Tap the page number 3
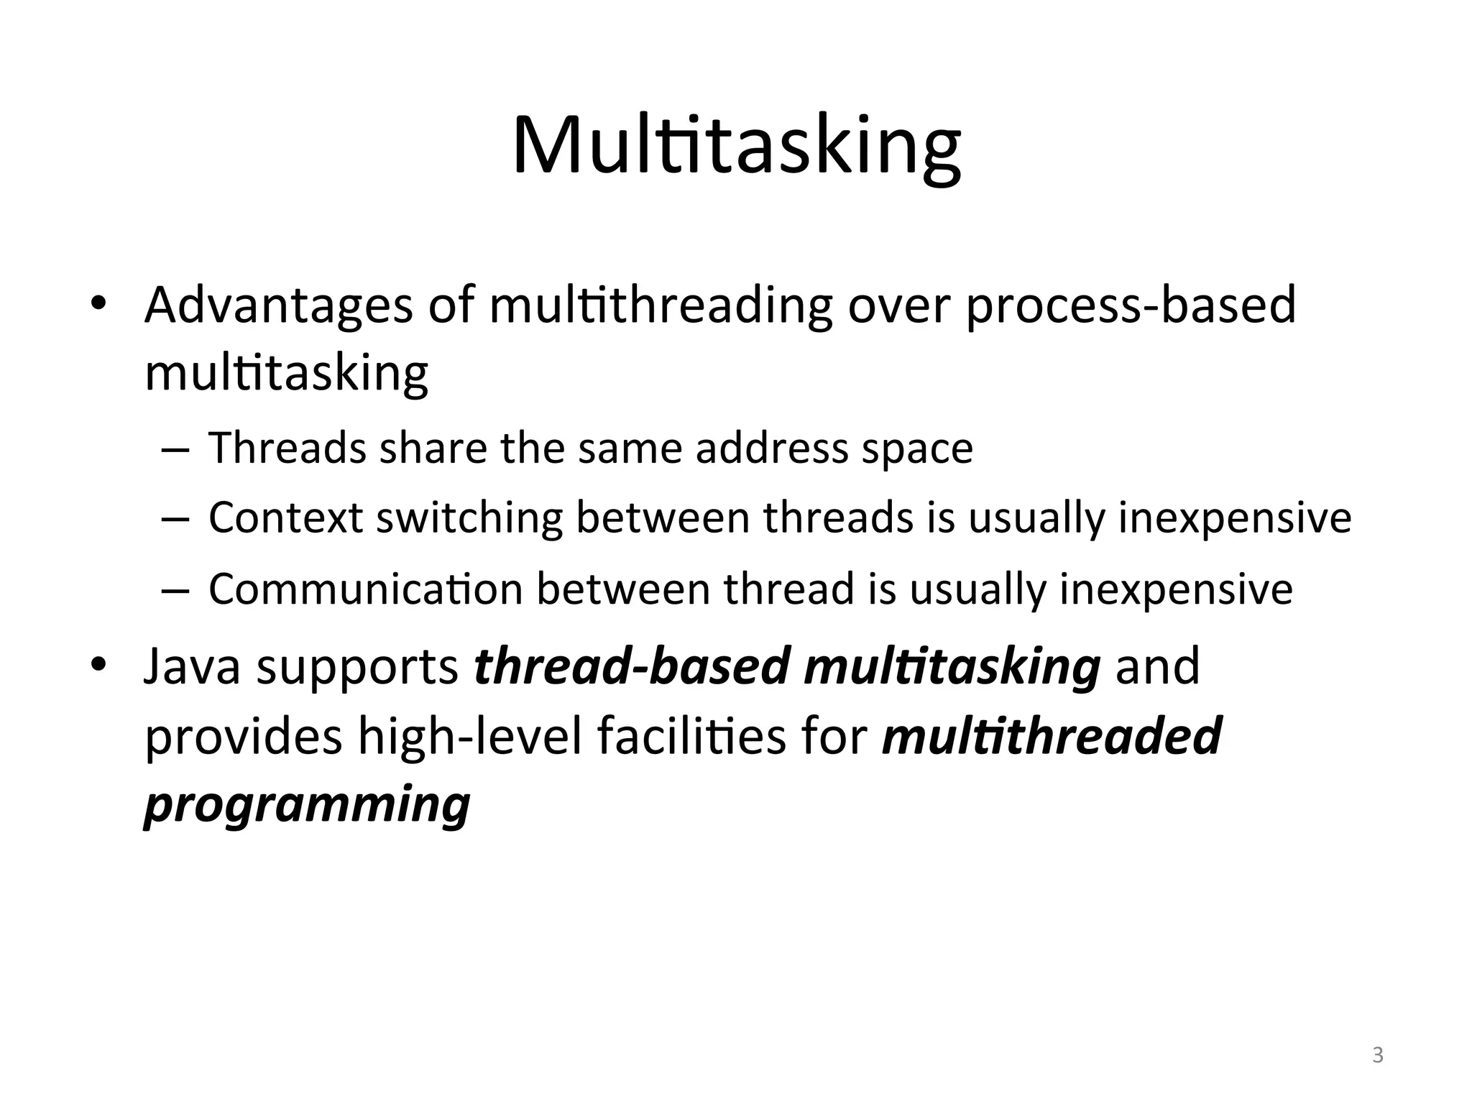[x=1378, y=1055]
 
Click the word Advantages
[x=278, y=305]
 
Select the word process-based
[x=1131, y=306]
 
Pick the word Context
[x=285, y=517]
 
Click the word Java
[x=192, y=666]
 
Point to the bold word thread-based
[x=632, y=666]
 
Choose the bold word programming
[x=307, y=806]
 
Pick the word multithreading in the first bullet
[x=661, y=306]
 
